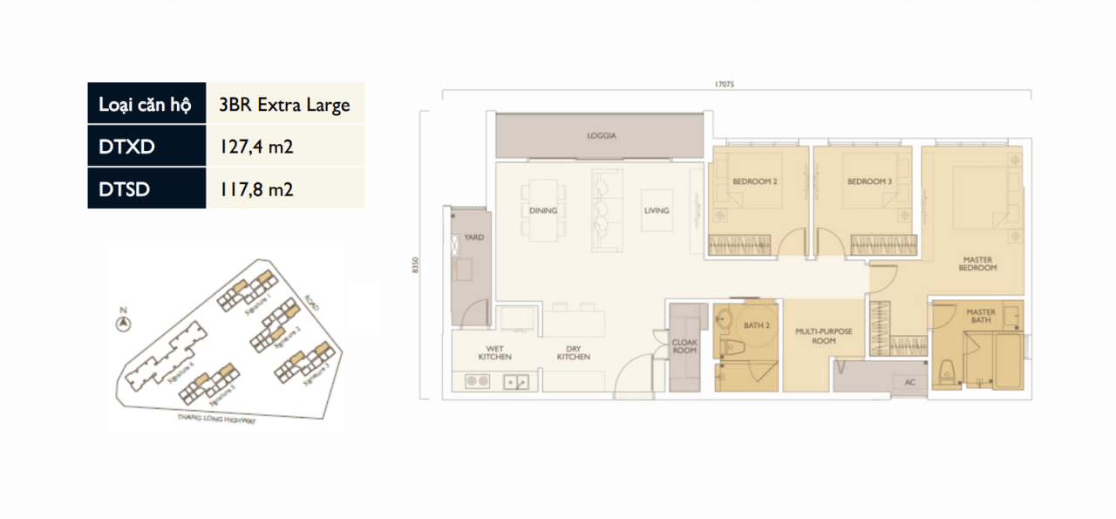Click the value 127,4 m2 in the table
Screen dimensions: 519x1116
click(256, 147)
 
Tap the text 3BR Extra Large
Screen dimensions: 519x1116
click(284, 105)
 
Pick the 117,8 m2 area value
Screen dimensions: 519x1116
click(256, 188)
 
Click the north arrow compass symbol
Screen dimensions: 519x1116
click(124, 324)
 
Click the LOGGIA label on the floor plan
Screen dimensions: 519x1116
click(600, 136)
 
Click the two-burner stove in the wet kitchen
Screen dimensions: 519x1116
click(476, 380)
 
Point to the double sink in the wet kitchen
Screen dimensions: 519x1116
click(514, 380)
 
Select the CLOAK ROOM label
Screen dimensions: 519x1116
click(684, 346)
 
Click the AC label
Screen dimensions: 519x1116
click(909, 381)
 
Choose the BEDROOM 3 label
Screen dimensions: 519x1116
click(869, 181)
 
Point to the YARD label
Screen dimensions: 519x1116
click(473, 236)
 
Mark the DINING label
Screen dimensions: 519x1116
click(542, 210)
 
